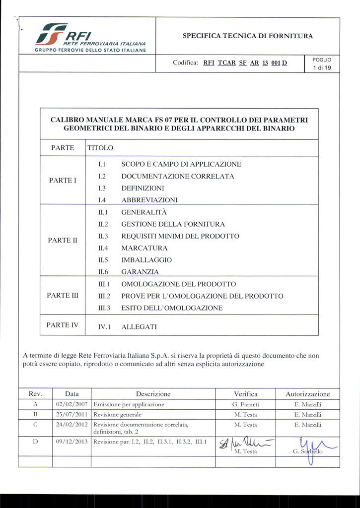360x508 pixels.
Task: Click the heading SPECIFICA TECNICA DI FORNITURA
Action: coord(248,36)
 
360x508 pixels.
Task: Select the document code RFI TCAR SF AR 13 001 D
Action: coord(245,63)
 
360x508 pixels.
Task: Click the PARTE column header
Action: coord(63,148)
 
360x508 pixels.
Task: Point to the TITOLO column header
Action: coord(100,148)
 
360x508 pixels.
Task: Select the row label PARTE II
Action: coord(63,240)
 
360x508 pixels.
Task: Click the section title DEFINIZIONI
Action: coord(143,189)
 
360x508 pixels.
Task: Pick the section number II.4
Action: coord(103,248)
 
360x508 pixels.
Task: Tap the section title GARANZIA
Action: coord(140,272)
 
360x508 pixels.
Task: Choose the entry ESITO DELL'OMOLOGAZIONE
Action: coord(172,308)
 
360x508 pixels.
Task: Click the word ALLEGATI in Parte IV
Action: coord(139,327)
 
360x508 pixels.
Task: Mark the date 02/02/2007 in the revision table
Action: coord(72,405)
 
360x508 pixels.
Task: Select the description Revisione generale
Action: coord(117,414)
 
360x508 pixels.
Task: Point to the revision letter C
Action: coord(35,425)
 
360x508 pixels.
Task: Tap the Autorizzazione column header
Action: coord(307,394)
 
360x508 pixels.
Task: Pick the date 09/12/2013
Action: coord(72,442)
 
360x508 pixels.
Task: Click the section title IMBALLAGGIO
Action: coord(146,260)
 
